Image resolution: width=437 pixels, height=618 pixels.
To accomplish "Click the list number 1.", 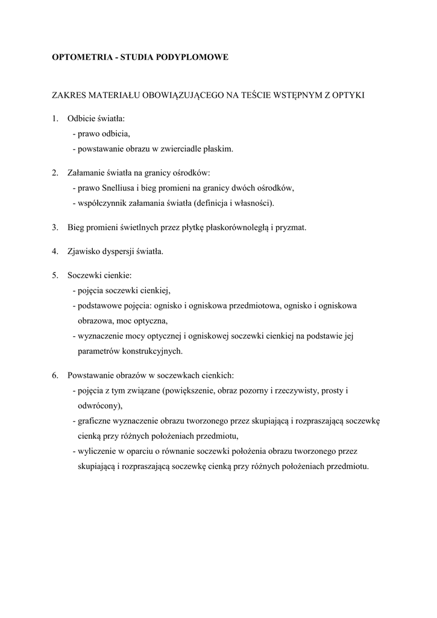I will point(54,119).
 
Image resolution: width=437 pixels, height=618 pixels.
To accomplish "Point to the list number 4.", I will point(54,250).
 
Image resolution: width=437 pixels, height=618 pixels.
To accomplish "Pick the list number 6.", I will point(54,375).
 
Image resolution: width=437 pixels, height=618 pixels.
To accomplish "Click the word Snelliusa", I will point(122,188).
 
